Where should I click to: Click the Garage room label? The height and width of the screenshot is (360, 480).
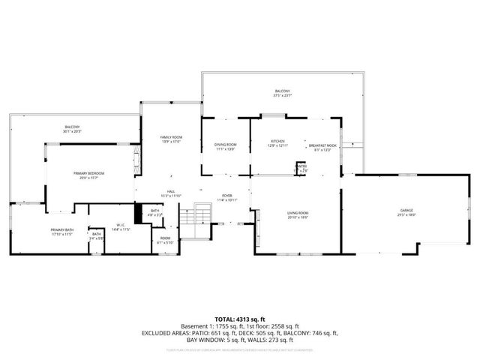(406, 211)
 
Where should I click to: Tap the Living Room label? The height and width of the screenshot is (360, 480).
(298, 214)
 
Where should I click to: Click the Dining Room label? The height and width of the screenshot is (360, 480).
(225, 146)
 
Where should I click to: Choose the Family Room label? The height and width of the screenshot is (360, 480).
(172, 139)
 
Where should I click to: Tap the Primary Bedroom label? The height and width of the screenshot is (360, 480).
(88, 175)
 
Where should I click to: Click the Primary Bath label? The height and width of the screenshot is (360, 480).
(61, 232)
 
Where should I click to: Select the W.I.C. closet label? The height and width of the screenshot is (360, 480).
(120, 226)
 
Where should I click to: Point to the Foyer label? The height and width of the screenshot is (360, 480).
(226, 197)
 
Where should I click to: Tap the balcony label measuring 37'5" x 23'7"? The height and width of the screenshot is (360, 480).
(282, 93)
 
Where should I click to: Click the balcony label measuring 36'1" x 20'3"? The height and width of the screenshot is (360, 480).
(72, 129)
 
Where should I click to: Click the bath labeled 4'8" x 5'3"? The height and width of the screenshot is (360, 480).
(155, 212)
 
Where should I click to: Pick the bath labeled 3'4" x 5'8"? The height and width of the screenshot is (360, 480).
(96, 236)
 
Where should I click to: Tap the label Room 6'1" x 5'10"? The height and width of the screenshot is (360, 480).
(165, 240)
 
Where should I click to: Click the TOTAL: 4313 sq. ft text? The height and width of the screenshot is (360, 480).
(241, 318)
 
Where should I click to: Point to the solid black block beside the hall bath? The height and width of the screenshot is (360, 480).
(138, 213)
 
